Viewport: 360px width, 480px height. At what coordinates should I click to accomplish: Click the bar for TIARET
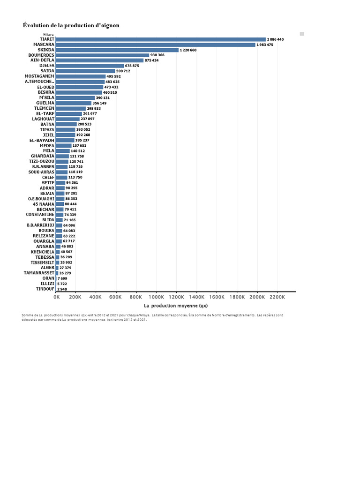pos(160,39)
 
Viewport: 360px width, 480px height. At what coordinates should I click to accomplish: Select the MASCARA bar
pos(155,45)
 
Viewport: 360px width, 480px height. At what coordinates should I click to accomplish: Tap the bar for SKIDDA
pos(117,50)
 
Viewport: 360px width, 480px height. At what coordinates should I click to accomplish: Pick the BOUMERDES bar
pos(102,55)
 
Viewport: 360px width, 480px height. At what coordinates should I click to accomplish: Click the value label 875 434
pos(151,60)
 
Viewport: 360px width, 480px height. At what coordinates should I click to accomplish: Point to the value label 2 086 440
pos(276,39)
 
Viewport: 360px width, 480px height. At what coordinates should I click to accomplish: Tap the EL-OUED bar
pos(79,87)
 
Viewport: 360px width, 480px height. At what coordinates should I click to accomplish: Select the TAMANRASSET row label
pos(39,273)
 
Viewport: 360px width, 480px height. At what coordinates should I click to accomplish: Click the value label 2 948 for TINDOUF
pos(62,289)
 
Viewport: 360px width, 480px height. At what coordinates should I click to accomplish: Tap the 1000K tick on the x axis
pos(156,297)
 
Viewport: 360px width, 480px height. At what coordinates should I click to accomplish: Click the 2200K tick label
pos(277,297)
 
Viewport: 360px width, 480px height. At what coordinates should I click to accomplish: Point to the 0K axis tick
pos(56,297)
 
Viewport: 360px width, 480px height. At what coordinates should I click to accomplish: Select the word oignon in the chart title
pos(108,25)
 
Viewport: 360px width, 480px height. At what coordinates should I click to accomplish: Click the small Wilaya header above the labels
pos(48,34)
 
